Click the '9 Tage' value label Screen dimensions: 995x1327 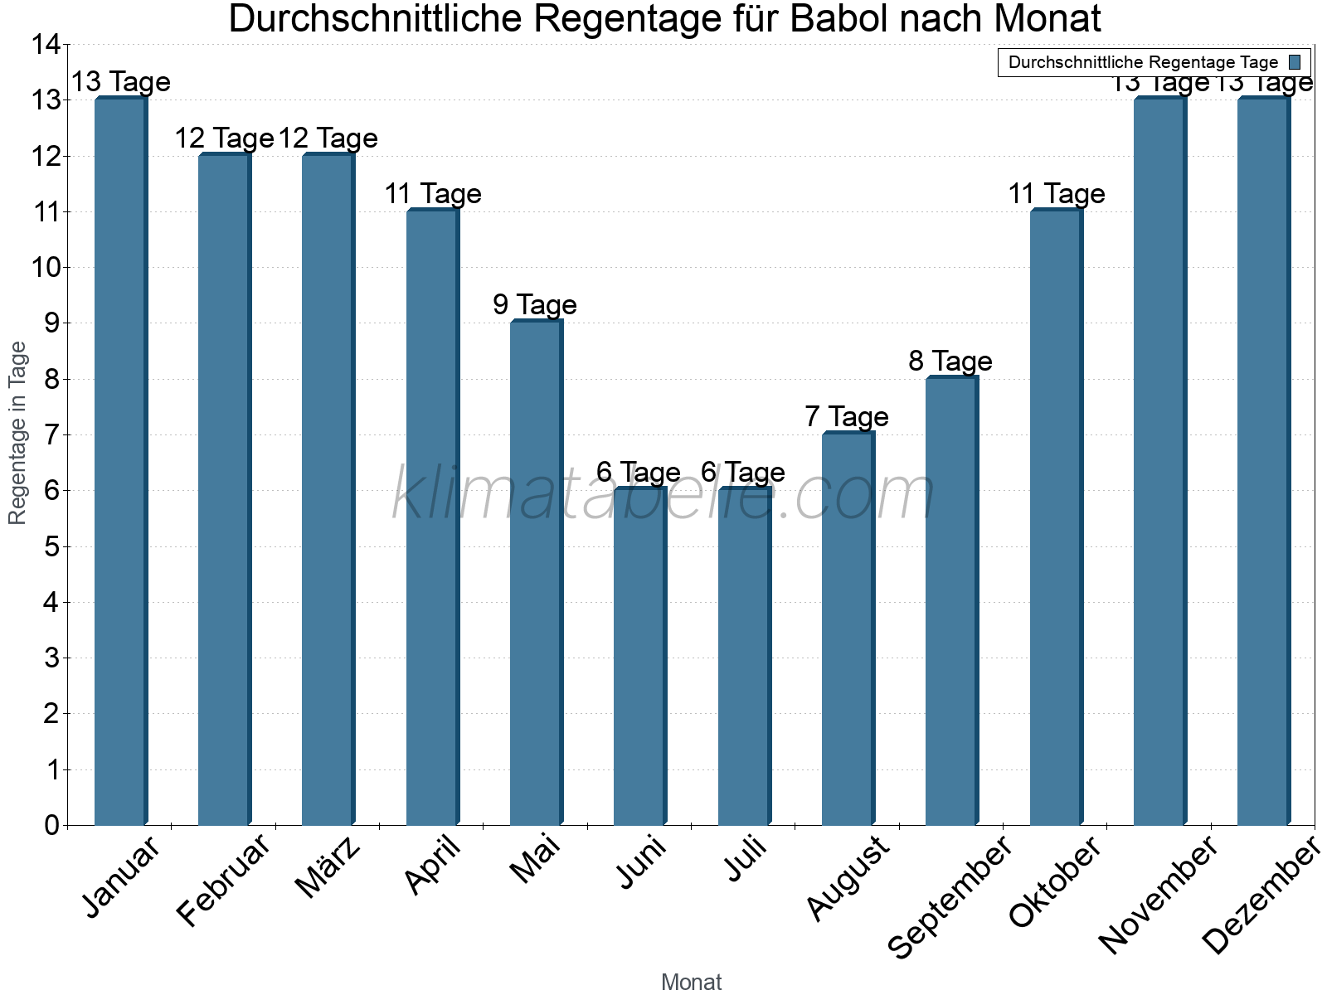pyautogui.click(x=535, y=304)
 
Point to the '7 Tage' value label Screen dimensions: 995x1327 pyautogui.click(x=847, y=416)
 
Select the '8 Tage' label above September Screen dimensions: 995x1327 pyautogui.click(x=950, y=361)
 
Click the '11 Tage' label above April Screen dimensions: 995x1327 pyautogui.click(x=432, y=193)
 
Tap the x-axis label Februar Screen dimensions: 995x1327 pyautogui.click(x=224, y=881)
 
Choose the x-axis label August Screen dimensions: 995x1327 pyautogui.click(x=848, y=878)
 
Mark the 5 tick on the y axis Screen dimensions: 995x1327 pyautogui.click(x=51, y=546)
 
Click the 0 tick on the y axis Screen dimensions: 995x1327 pyautogui.click(x=51, y=825)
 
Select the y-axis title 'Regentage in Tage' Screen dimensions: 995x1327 pyautogui.click(x=17, y=433)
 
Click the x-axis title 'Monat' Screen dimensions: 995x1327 pyautogui.click(x=691, y=982)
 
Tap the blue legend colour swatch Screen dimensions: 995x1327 pyautogui.click(x=1295, y=62)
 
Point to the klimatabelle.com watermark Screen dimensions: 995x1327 pyautogui.click(x=663, y=494)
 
